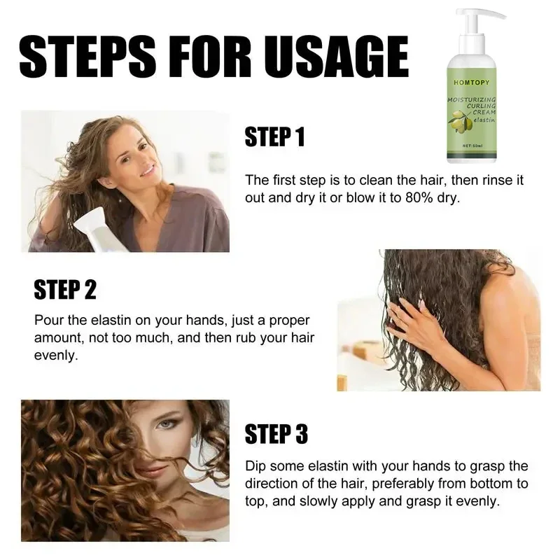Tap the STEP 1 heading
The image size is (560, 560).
click(274, 136)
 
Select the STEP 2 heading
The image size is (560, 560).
click(65, 289)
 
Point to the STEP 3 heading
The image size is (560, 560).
click(276, 434)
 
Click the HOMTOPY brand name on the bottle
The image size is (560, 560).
click(471, 83)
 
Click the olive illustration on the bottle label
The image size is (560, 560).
click(460, 121)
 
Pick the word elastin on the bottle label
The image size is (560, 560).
click(484, 120)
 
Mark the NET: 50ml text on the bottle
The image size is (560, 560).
click(472, 146)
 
